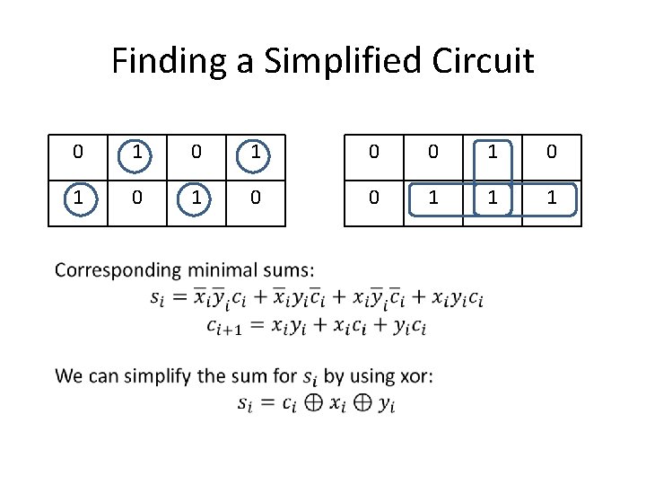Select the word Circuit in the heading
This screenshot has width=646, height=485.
coord(484,61)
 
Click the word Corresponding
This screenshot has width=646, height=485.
coord(117,269)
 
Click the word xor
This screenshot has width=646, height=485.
coord(415,375)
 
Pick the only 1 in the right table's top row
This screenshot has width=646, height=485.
coord(493,153)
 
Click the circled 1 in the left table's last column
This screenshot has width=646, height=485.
coord(256,153)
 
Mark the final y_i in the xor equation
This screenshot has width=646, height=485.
coord(386,405)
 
